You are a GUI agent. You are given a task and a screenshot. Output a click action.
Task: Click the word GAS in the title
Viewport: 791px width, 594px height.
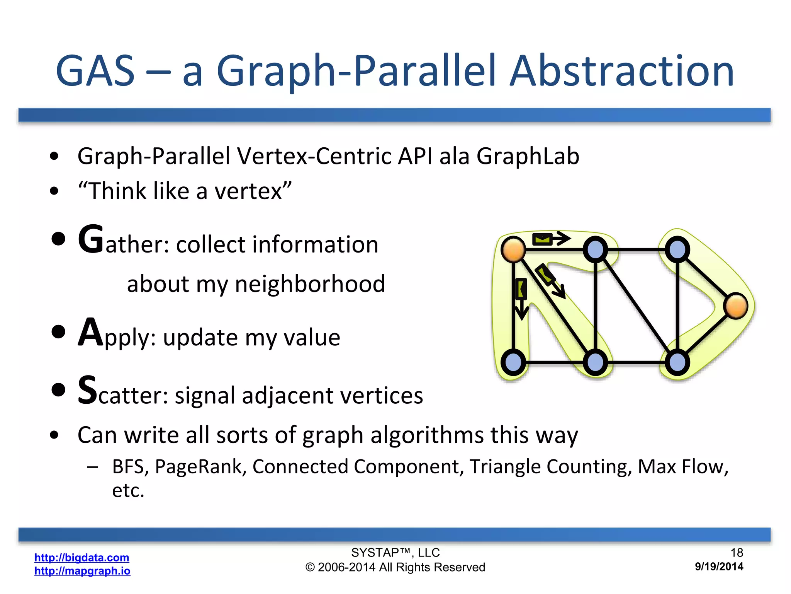coord(95,72)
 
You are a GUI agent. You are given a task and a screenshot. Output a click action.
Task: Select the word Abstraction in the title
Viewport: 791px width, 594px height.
coord(622,72)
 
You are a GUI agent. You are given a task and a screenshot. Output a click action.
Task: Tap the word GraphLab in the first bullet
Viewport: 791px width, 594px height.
coord(528,156)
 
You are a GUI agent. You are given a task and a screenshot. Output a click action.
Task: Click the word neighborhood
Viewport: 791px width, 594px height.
coord(310,284)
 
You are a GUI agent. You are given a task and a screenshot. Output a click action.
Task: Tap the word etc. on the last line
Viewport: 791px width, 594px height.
coord(128,490)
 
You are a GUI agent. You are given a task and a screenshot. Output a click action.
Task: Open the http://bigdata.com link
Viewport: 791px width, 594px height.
coord(81,557)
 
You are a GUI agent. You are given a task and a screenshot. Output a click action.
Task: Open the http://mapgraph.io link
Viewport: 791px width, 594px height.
coord(82,571)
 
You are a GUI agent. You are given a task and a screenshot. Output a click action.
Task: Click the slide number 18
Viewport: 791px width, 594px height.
coord(737,553)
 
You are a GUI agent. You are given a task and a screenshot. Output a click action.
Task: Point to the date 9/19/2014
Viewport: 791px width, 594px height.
coord(719,567)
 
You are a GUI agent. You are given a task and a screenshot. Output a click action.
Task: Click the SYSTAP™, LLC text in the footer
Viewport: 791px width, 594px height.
coord(395,553)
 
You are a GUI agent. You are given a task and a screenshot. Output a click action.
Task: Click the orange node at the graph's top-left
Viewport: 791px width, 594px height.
coord(513,249)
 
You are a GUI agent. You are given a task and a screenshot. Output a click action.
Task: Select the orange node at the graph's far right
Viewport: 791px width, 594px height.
coord(736,306)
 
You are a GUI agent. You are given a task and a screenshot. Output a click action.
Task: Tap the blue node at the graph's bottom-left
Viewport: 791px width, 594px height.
coord(513,362)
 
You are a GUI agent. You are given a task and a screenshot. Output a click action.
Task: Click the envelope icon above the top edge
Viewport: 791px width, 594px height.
coord(542,239)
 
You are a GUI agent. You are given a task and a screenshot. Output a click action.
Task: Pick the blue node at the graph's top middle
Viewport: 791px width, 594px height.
coord(595,249)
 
